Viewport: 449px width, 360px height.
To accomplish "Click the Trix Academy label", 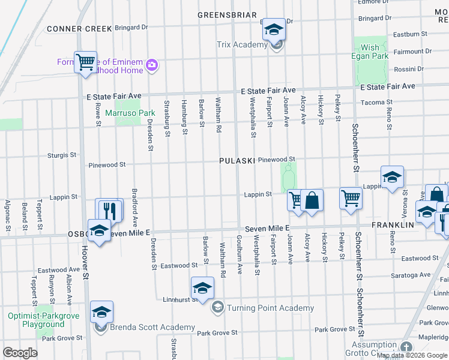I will [x=242, y=44].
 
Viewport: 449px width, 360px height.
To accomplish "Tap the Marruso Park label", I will [x=130, y=112].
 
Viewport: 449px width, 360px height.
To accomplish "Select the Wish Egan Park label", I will [x=370, y=52].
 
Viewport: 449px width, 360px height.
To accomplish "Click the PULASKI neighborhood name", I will [x=237, y=161].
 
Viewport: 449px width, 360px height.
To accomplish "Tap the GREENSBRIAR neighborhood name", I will [x=228, y=15].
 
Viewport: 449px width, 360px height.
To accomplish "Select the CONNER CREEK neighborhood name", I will [x=79, y=28].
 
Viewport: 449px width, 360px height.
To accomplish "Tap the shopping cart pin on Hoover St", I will [x=85, y=61].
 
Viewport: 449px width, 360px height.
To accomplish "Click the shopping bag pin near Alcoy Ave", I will [x=312, y=199].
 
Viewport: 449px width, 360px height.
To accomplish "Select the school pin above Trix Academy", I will [x=274, y=28].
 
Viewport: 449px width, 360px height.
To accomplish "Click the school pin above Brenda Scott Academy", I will [x=101, y=311].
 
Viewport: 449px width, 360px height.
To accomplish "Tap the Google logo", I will [x=20, y=353].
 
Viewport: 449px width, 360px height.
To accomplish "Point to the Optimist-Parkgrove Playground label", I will [x=36, y=320].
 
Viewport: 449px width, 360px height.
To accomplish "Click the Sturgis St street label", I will [x=62, y=155].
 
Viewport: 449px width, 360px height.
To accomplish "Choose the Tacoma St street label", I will [x=376, y=103].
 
